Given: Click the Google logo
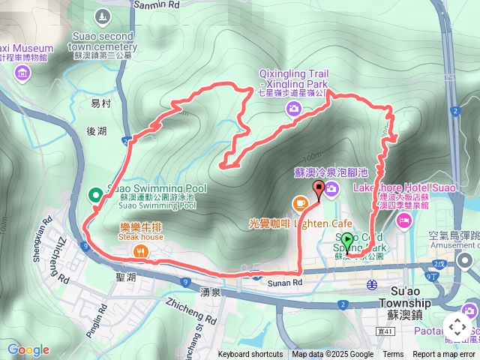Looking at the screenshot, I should click(28, 349).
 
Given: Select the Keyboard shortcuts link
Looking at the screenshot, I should click(250, 355).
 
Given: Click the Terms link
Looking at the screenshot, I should click(393, 355).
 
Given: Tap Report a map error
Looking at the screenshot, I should click(444, 355).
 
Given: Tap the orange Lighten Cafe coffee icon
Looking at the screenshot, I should click(300, 202).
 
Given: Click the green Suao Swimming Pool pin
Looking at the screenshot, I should click(96, 196).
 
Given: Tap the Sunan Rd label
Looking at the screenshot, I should click(286, 282).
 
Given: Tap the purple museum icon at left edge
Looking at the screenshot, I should click(22, 73).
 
